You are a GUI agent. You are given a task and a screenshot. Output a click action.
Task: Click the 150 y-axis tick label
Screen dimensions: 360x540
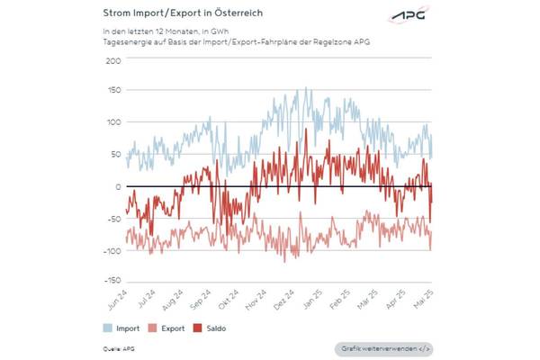coord(113,92)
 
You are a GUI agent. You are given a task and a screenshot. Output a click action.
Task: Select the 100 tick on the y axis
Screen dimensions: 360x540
coord(113,123)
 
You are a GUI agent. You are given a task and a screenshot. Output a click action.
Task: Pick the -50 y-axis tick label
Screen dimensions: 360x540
coord(112,219)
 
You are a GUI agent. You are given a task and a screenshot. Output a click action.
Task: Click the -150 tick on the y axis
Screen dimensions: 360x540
coord(111,282)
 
